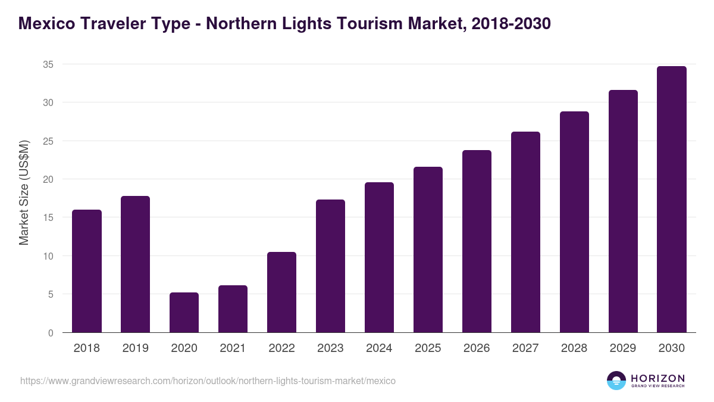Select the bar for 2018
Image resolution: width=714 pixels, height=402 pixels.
[87, 271]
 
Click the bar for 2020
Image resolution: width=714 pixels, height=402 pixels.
[184, 313]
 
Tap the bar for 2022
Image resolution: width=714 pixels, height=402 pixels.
[281, 292]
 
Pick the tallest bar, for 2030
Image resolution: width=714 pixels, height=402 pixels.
[671, 200]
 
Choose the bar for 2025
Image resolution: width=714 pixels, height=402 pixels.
[428, 250]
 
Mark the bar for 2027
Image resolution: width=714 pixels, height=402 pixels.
[525, 232]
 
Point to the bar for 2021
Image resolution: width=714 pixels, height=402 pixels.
[233, 309]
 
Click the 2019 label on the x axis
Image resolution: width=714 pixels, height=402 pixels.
[135, 348]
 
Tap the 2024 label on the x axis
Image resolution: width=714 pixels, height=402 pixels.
[379, 348]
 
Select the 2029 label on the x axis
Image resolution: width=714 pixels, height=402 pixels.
[623, 348]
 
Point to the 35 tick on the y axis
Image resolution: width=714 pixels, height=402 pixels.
[48, 64]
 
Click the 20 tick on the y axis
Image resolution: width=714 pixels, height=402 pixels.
[48, 179]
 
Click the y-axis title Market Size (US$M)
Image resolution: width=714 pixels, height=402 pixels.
[24, 192]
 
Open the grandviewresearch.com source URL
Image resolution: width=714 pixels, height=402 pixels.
[208, 381]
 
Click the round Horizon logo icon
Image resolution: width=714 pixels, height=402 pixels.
[616, 381]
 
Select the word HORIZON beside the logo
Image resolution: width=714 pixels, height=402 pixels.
[657, 378]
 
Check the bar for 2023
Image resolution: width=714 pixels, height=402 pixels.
[330, 266]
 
